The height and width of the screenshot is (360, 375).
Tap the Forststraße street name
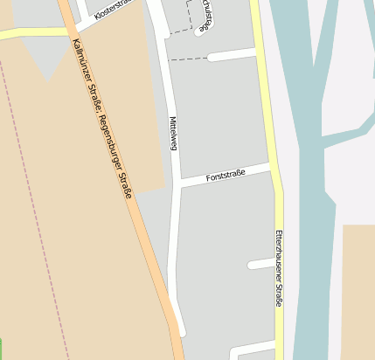coord(226,176)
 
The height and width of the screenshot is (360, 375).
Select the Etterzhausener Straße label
coord(279,267)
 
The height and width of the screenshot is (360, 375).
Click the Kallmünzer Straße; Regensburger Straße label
coord(103,118)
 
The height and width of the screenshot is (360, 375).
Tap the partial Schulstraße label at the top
coord(203,16)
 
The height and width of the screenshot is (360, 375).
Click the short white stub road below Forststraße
coord(260,263)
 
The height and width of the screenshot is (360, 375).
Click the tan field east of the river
coord(358,288)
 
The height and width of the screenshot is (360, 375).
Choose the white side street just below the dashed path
coord(232,56)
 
